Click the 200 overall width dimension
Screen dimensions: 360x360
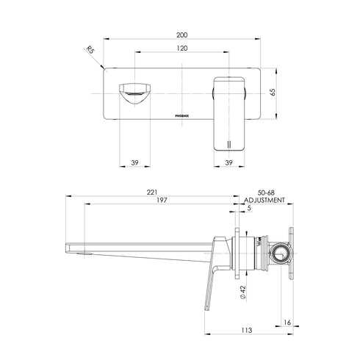coord(181,34)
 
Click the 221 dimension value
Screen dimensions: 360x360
coord(151,192)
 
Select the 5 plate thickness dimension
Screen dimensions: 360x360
coord(249,209)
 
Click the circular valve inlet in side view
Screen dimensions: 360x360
coord(279,255)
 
